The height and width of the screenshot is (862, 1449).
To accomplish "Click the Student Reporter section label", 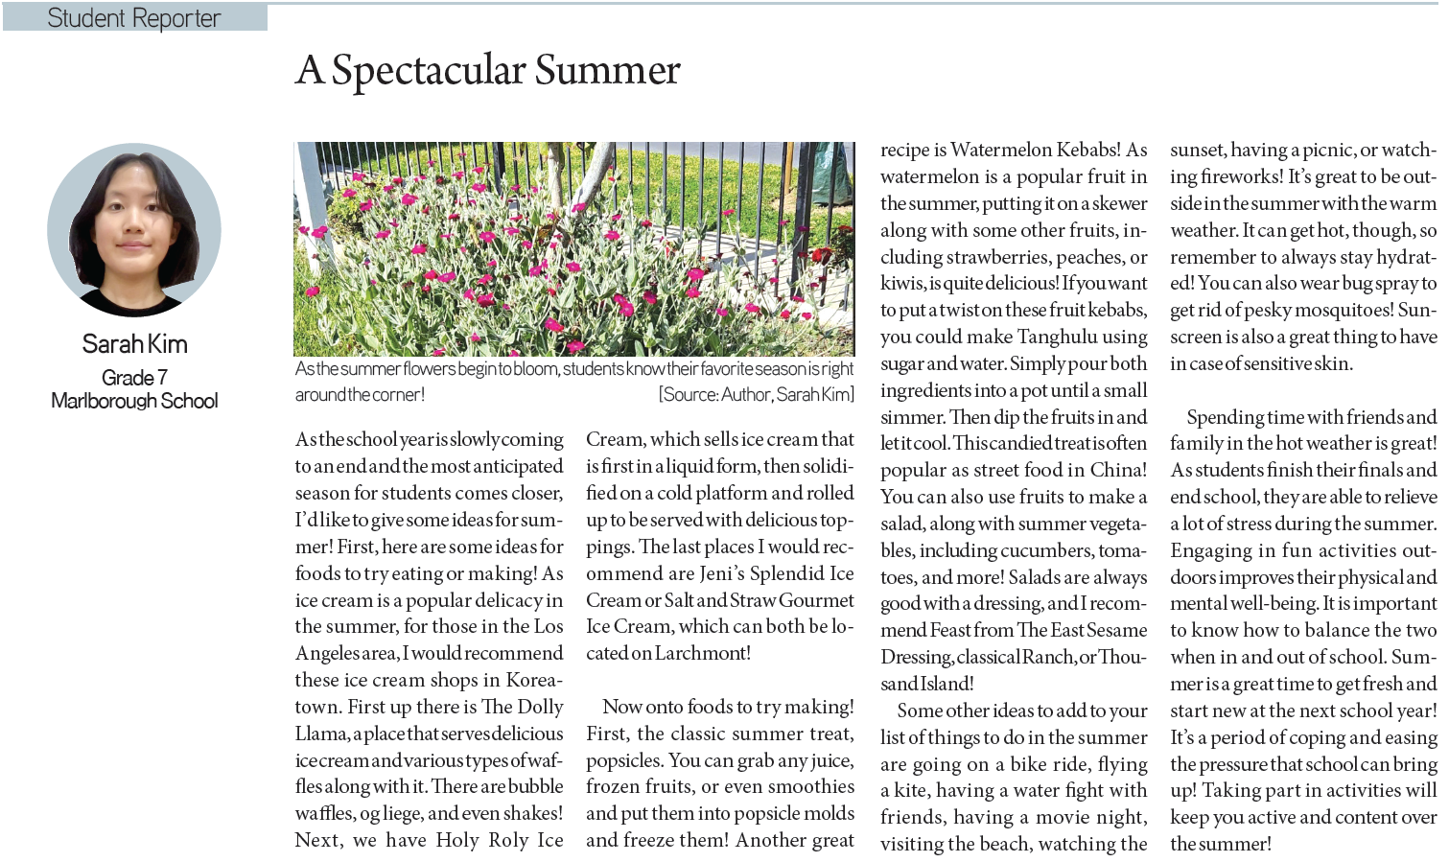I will (x=133, y=17).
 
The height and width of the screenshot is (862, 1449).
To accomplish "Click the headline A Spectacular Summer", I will (x=487, y=70).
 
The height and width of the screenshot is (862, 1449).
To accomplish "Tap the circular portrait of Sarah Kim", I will (x=134, y=230).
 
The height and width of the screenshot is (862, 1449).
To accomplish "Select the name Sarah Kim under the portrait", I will (x=134, y=344).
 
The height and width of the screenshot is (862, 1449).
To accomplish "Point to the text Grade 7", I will (x=134, y=377).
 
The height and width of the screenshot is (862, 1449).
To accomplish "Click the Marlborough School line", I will (x=134, y=401).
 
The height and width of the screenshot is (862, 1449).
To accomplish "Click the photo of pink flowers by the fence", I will (x=573, y=248).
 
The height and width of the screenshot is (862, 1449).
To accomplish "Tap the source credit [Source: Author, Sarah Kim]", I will (x=755, y=394).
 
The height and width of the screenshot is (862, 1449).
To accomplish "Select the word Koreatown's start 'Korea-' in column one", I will (x=532, y=680).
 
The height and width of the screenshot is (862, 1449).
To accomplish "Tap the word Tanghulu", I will (x=1057, y=337).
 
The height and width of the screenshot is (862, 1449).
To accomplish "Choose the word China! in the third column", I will (x=1117, y=470).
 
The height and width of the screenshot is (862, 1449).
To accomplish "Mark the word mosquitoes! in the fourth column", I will (x=1334, y=310).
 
